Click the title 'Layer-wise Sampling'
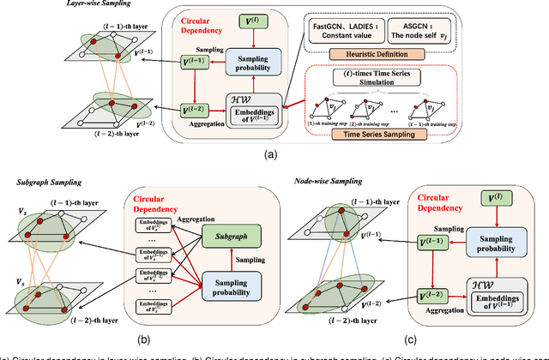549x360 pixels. pos(45,4)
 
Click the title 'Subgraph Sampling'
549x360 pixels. pos(42,183)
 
